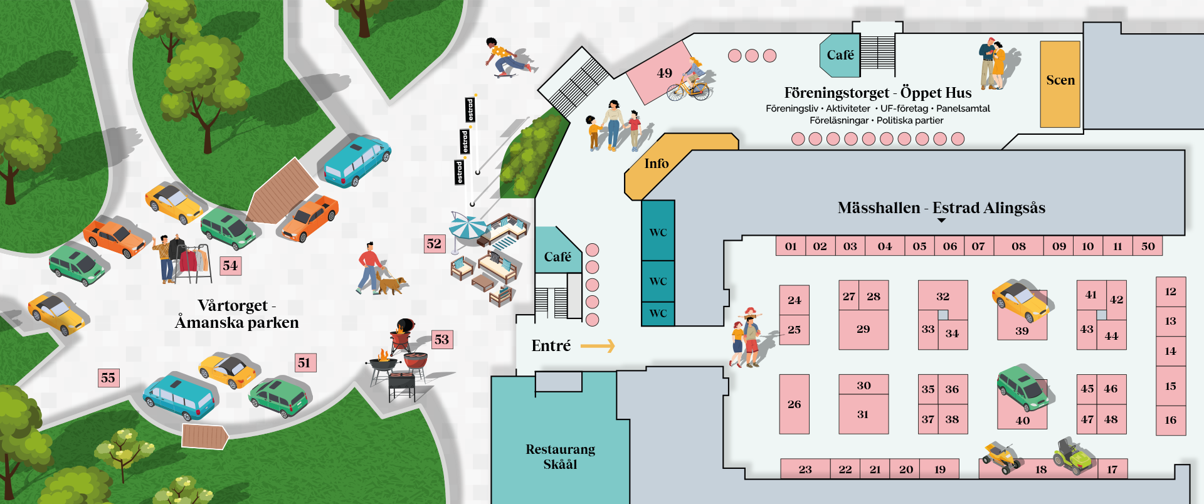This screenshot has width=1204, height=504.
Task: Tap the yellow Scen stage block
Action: pos(1060,84)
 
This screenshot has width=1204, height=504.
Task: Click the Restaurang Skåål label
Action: pos(560,456)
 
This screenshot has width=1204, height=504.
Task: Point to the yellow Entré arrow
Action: pos(598,346)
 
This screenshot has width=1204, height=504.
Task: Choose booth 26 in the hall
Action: pos(794,404)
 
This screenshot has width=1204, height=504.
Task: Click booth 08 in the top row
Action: pos(1018,246)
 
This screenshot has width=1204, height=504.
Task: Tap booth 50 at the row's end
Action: pos(1148,246)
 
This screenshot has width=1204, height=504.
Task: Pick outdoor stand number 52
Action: pos(434,244)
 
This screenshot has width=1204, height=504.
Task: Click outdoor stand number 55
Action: pos(108,378)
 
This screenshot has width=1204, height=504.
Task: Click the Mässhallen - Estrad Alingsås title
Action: pos(941,208)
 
